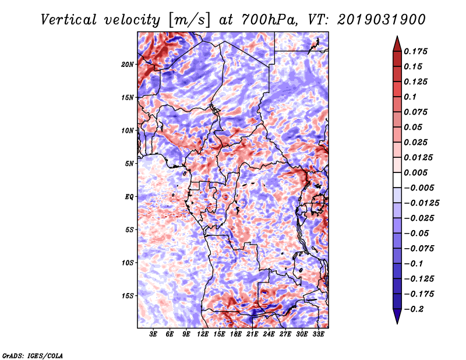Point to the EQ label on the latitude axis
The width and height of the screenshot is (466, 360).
pyautogui.click(x=129, y=197)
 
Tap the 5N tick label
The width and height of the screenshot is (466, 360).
pyautogui.click(x=129, y=164)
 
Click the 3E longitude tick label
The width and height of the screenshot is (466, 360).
pyautogui.click(x=154, y=334)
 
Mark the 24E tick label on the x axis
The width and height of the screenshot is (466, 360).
pyautogui.click(x=269, y=334)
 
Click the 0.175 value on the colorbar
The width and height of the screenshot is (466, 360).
pyautogui.click(x=418, y=51)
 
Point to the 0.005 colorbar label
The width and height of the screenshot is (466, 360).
pyautogui.click(x=418, y=173)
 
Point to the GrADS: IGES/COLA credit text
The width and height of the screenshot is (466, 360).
pyautogui.click(x=32, y=355)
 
